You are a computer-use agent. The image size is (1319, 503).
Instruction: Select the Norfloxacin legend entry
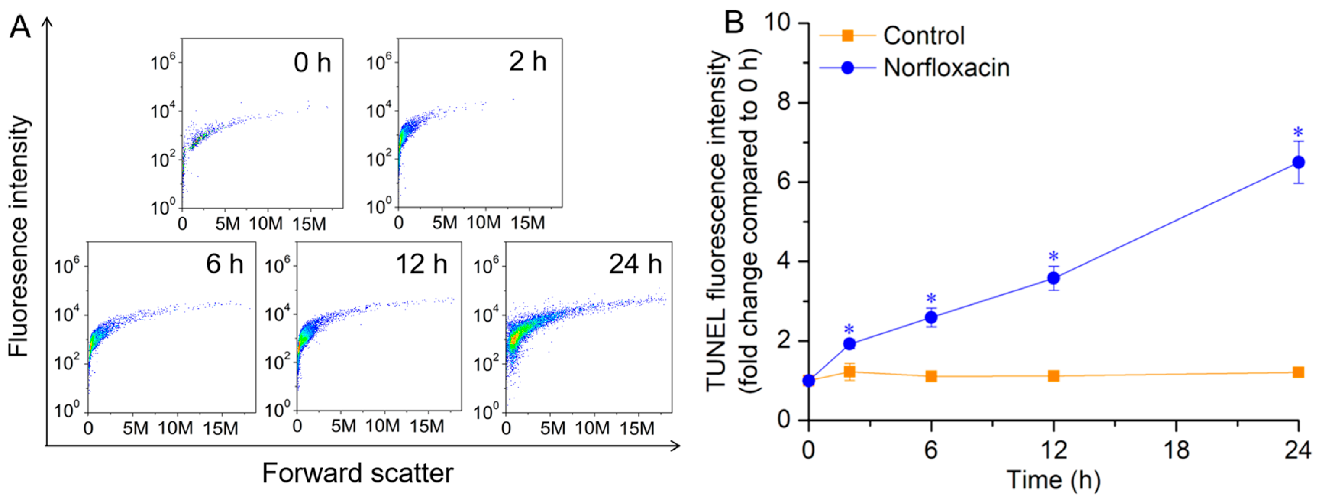tap(914, 68)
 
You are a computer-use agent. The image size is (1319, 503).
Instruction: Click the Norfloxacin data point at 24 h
tap(1298, 162)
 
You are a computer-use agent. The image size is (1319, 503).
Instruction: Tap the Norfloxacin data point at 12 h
tap(1054, 278)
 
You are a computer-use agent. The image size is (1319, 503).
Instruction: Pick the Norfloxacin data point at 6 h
tap(932, 318)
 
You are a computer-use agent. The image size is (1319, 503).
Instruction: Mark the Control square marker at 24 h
tap(1298, 372)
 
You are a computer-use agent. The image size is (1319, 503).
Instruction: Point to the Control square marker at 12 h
tap(1054, 376)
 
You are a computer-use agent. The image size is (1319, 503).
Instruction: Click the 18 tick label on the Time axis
tap(1176, 450)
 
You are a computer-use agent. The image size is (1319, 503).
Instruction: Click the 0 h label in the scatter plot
tap(312, 63)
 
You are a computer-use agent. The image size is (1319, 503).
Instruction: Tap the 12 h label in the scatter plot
tap(421, 264)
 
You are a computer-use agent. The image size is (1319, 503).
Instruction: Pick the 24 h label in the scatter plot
tap(635, 264)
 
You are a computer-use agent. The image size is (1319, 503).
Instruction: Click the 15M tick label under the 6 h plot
tap(220, 428)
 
